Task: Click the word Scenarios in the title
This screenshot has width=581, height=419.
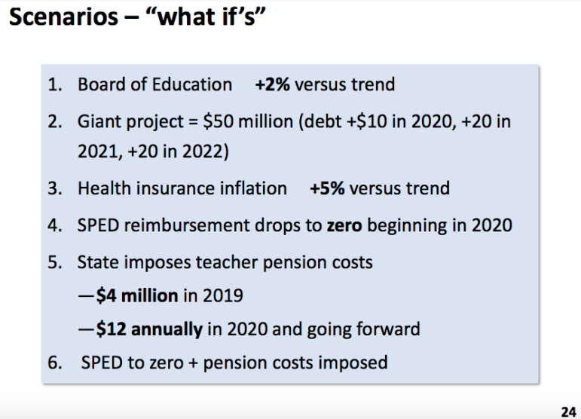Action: coord(63,17)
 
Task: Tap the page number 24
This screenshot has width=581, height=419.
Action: coord(569,412)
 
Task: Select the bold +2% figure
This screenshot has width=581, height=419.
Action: coord(272,84)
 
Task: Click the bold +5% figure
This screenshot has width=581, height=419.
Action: coord(327,188)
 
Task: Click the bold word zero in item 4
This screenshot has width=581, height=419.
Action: coord(344,225)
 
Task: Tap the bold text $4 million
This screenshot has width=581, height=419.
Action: coord(137,295)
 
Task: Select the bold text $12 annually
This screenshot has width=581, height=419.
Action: coord(149,329)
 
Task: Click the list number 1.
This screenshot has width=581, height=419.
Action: coord(55,85)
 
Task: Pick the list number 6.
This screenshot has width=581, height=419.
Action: coord(55,362)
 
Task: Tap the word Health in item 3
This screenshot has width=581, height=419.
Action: coord(104,188)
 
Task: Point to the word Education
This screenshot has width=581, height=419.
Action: coord(192,84)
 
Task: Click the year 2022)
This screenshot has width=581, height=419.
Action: coord(205,151)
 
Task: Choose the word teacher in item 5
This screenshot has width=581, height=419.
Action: coord(226,262)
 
